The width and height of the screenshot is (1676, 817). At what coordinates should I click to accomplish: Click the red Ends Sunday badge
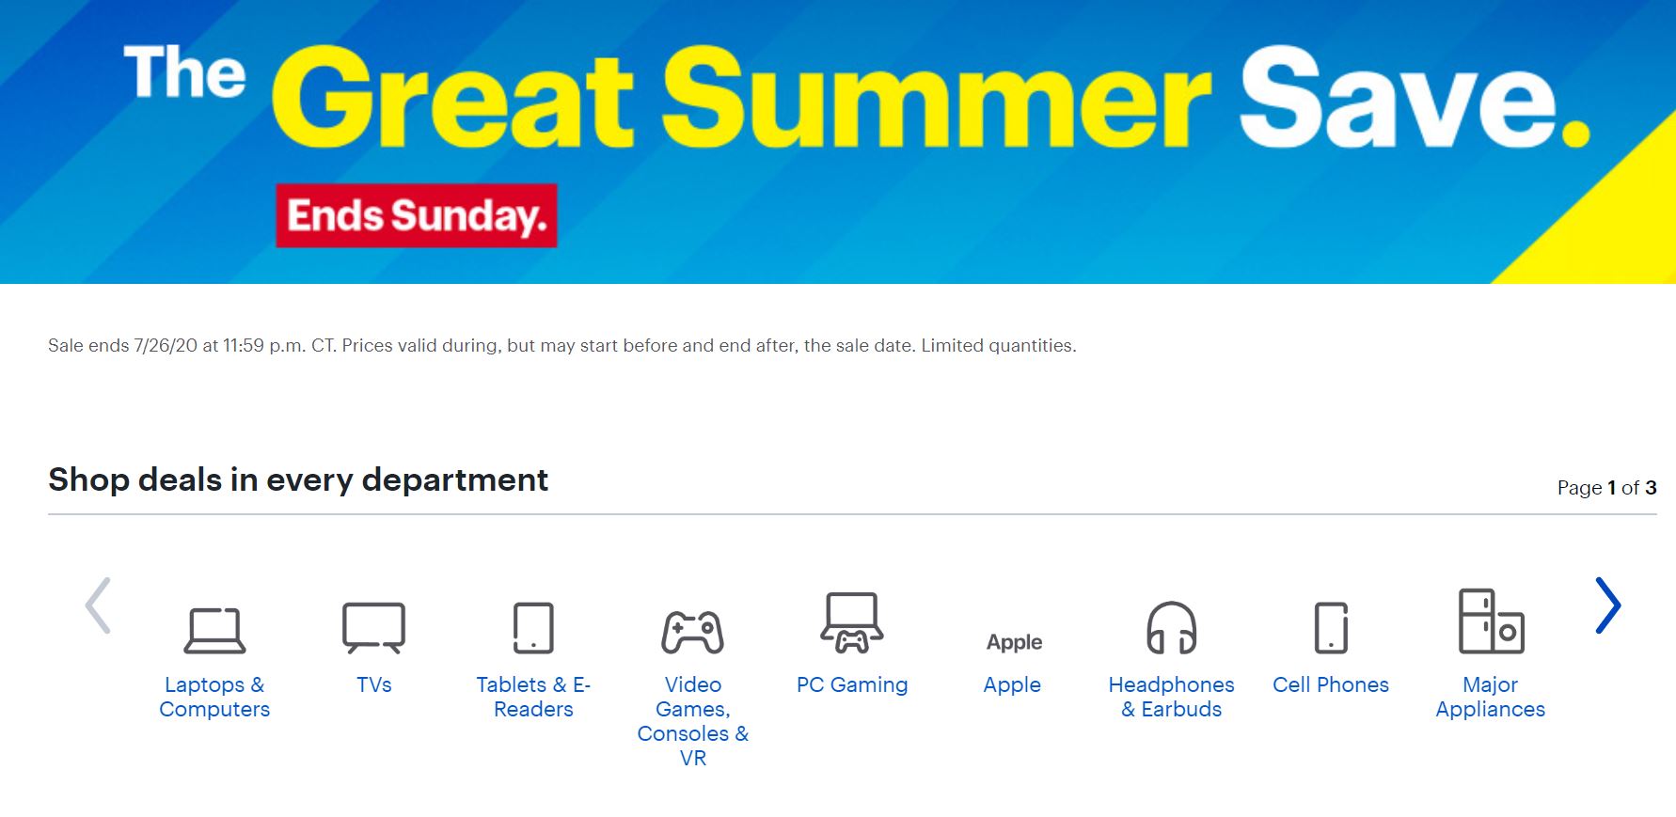[416, 215]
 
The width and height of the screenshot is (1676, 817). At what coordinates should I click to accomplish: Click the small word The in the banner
[184, 72]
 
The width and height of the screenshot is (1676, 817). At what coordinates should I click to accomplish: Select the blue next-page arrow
[1607, 605]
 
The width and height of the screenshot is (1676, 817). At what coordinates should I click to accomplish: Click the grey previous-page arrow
[98, 605]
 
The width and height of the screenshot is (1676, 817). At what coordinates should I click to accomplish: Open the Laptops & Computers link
[214, 697]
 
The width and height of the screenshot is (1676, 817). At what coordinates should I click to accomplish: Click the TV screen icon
[373, 627]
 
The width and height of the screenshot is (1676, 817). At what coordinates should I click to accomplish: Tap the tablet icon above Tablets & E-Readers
[533, 627]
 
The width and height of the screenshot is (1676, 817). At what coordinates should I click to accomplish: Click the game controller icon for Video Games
[693, 631]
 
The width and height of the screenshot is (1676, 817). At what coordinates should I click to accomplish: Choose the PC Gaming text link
[852, 684]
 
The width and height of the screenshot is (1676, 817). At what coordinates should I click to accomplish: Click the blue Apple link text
[1012, 684]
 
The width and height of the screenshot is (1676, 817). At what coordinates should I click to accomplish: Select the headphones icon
[1172, 627]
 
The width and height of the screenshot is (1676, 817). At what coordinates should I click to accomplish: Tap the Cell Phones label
[1331, 684]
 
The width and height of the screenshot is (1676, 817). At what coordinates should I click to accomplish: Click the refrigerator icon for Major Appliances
[1491, 621]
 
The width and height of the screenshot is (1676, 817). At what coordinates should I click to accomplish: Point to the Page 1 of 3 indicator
[1606, 487]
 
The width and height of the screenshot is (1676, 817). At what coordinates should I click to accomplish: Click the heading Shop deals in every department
[298, 479]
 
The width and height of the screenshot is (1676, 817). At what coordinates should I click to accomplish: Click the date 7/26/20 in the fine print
[166, 346]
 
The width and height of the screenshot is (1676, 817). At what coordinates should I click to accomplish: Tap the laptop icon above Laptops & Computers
[214, 631]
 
